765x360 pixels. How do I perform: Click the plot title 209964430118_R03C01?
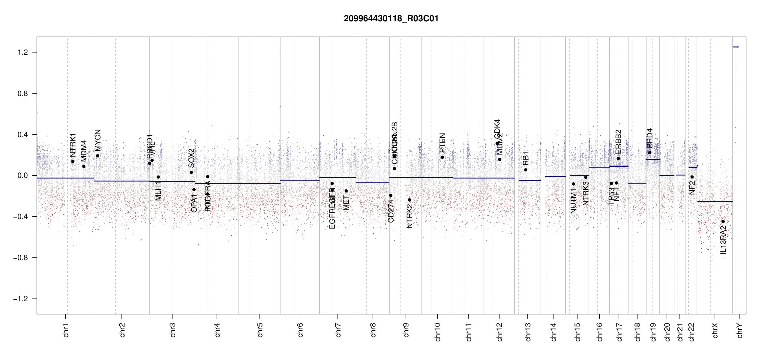pyautogui.click(x=391, y=19)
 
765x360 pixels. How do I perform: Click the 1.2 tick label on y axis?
pyautogui.click(x=22, y=52)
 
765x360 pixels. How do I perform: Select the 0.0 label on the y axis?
pyautogui.click(x=22, y=175)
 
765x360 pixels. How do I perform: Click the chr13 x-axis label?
pyautogui.click(x=528, y=332)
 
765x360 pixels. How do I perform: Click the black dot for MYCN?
pyautogui.click(x=97, y=156)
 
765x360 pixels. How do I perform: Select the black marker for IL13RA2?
pyautogui.click(x=723, y=222)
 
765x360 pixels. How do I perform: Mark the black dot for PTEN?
pyautogui.click(x=442, y=157)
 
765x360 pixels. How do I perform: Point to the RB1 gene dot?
pyautogui.click(x=526, y=170)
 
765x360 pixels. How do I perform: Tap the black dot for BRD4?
pyautogui.click(x=649, y=153)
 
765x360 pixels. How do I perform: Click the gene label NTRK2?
pyautogui.click(x=409, y=216)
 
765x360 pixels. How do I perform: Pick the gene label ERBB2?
pyautogui.click(x=618, y=142)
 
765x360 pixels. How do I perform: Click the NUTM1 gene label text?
pyautogui.click(x=574, y=201)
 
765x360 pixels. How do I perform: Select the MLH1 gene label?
pyautogui.click(x=158, y=191)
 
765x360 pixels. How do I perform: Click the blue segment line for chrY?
pyautogui.click(x=736, y=47)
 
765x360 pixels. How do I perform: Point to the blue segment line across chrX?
pyautogui.click(x=715, y=202)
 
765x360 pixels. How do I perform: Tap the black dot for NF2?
pyautogui.click(x=692, y=177)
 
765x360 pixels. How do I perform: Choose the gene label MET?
pyautogui.click(x=346, y=203)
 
